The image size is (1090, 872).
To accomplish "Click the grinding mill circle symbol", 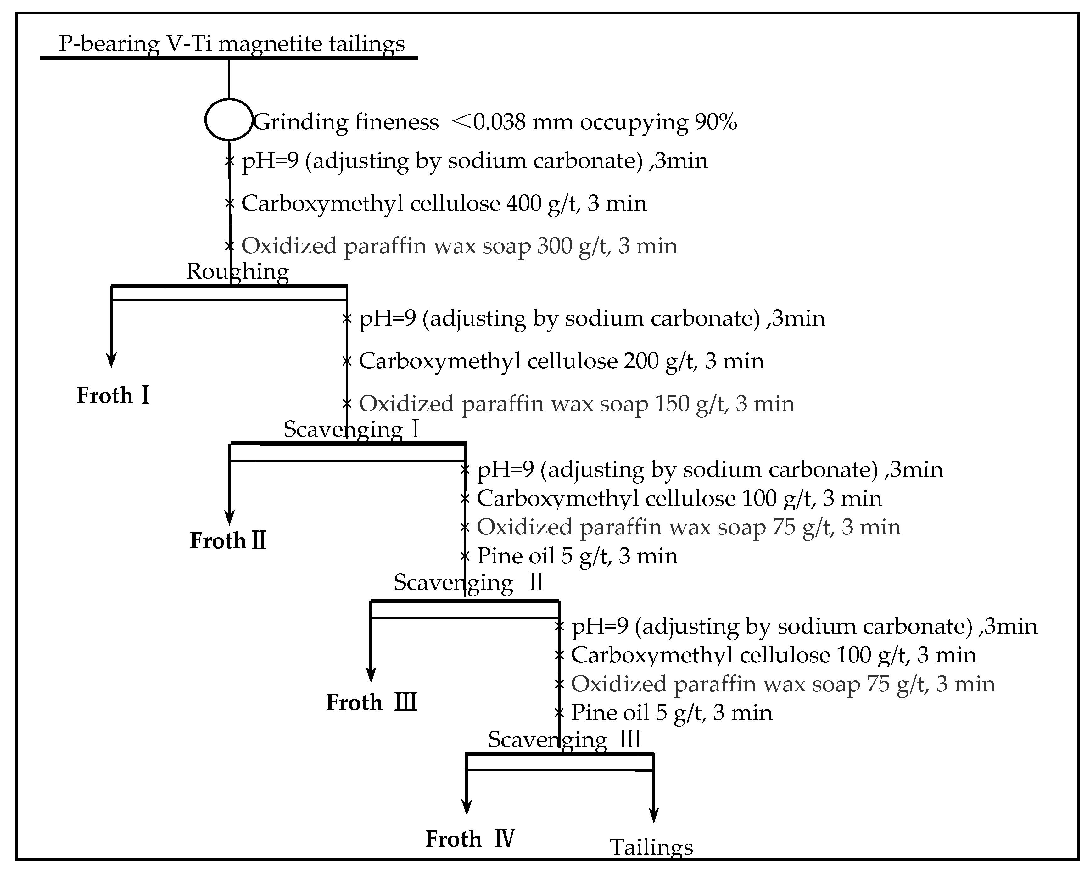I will [x=228, y=119].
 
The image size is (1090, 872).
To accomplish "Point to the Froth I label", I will [x=113, y=395].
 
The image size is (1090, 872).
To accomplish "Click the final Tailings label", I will [x=651, y=847].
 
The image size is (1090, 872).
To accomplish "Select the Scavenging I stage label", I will [x=351, y=429].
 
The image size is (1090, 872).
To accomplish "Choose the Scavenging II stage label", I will [x=468, y=582].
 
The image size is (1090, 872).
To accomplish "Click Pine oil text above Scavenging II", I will [x=517, y=556].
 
